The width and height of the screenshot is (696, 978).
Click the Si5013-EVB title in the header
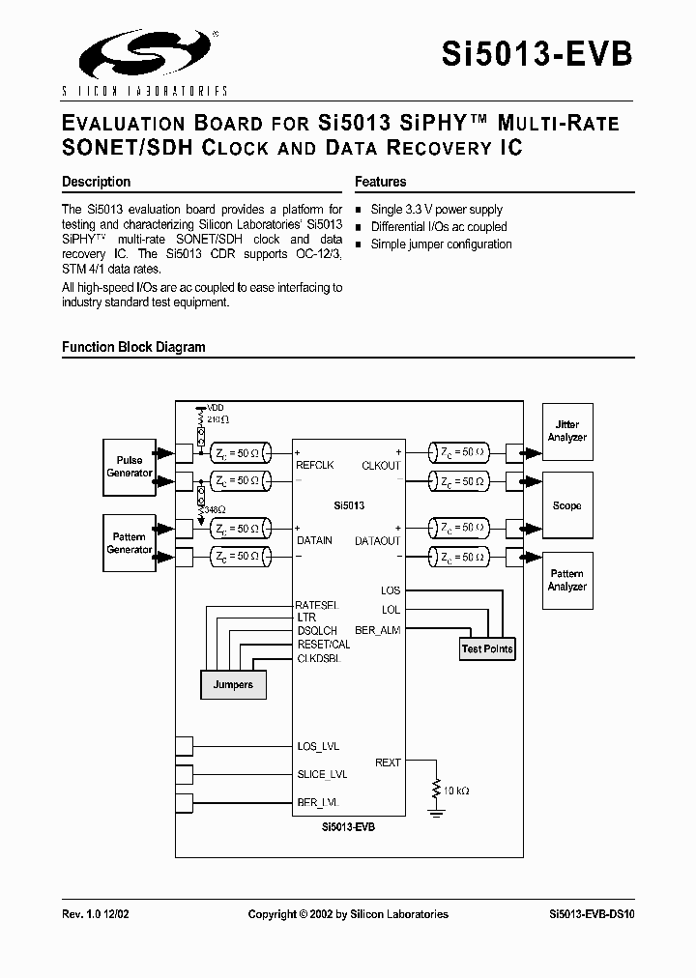click(536, 52)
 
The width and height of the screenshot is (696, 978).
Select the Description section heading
click(96, 182)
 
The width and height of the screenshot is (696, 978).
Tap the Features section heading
click(380, 182)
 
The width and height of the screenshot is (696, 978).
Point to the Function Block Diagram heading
click(133, 347)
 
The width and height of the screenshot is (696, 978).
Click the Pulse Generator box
click(130, 467)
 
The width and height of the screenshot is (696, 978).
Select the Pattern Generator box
click(130, 543)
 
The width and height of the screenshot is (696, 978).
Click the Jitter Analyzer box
click(567, 431)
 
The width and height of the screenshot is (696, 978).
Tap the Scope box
click(567, 505)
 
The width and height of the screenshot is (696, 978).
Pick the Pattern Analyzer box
click(567, 580)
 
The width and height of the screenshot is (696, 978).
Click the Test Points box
click(487, 648)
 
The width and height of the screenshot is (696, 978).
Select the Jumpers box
click(233, 684)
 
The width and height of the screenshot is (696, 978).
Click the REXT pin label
click(388, 762)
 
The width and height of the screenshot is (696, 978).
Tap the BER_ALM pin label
click(378, 630)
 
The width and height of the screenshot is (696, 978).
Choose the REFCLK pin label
click(315, 465)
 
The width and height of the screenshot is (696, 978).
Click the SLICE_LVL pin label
click(322, 774)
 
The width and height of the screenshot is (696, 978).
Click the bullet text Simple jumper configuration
click(441, 244)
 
